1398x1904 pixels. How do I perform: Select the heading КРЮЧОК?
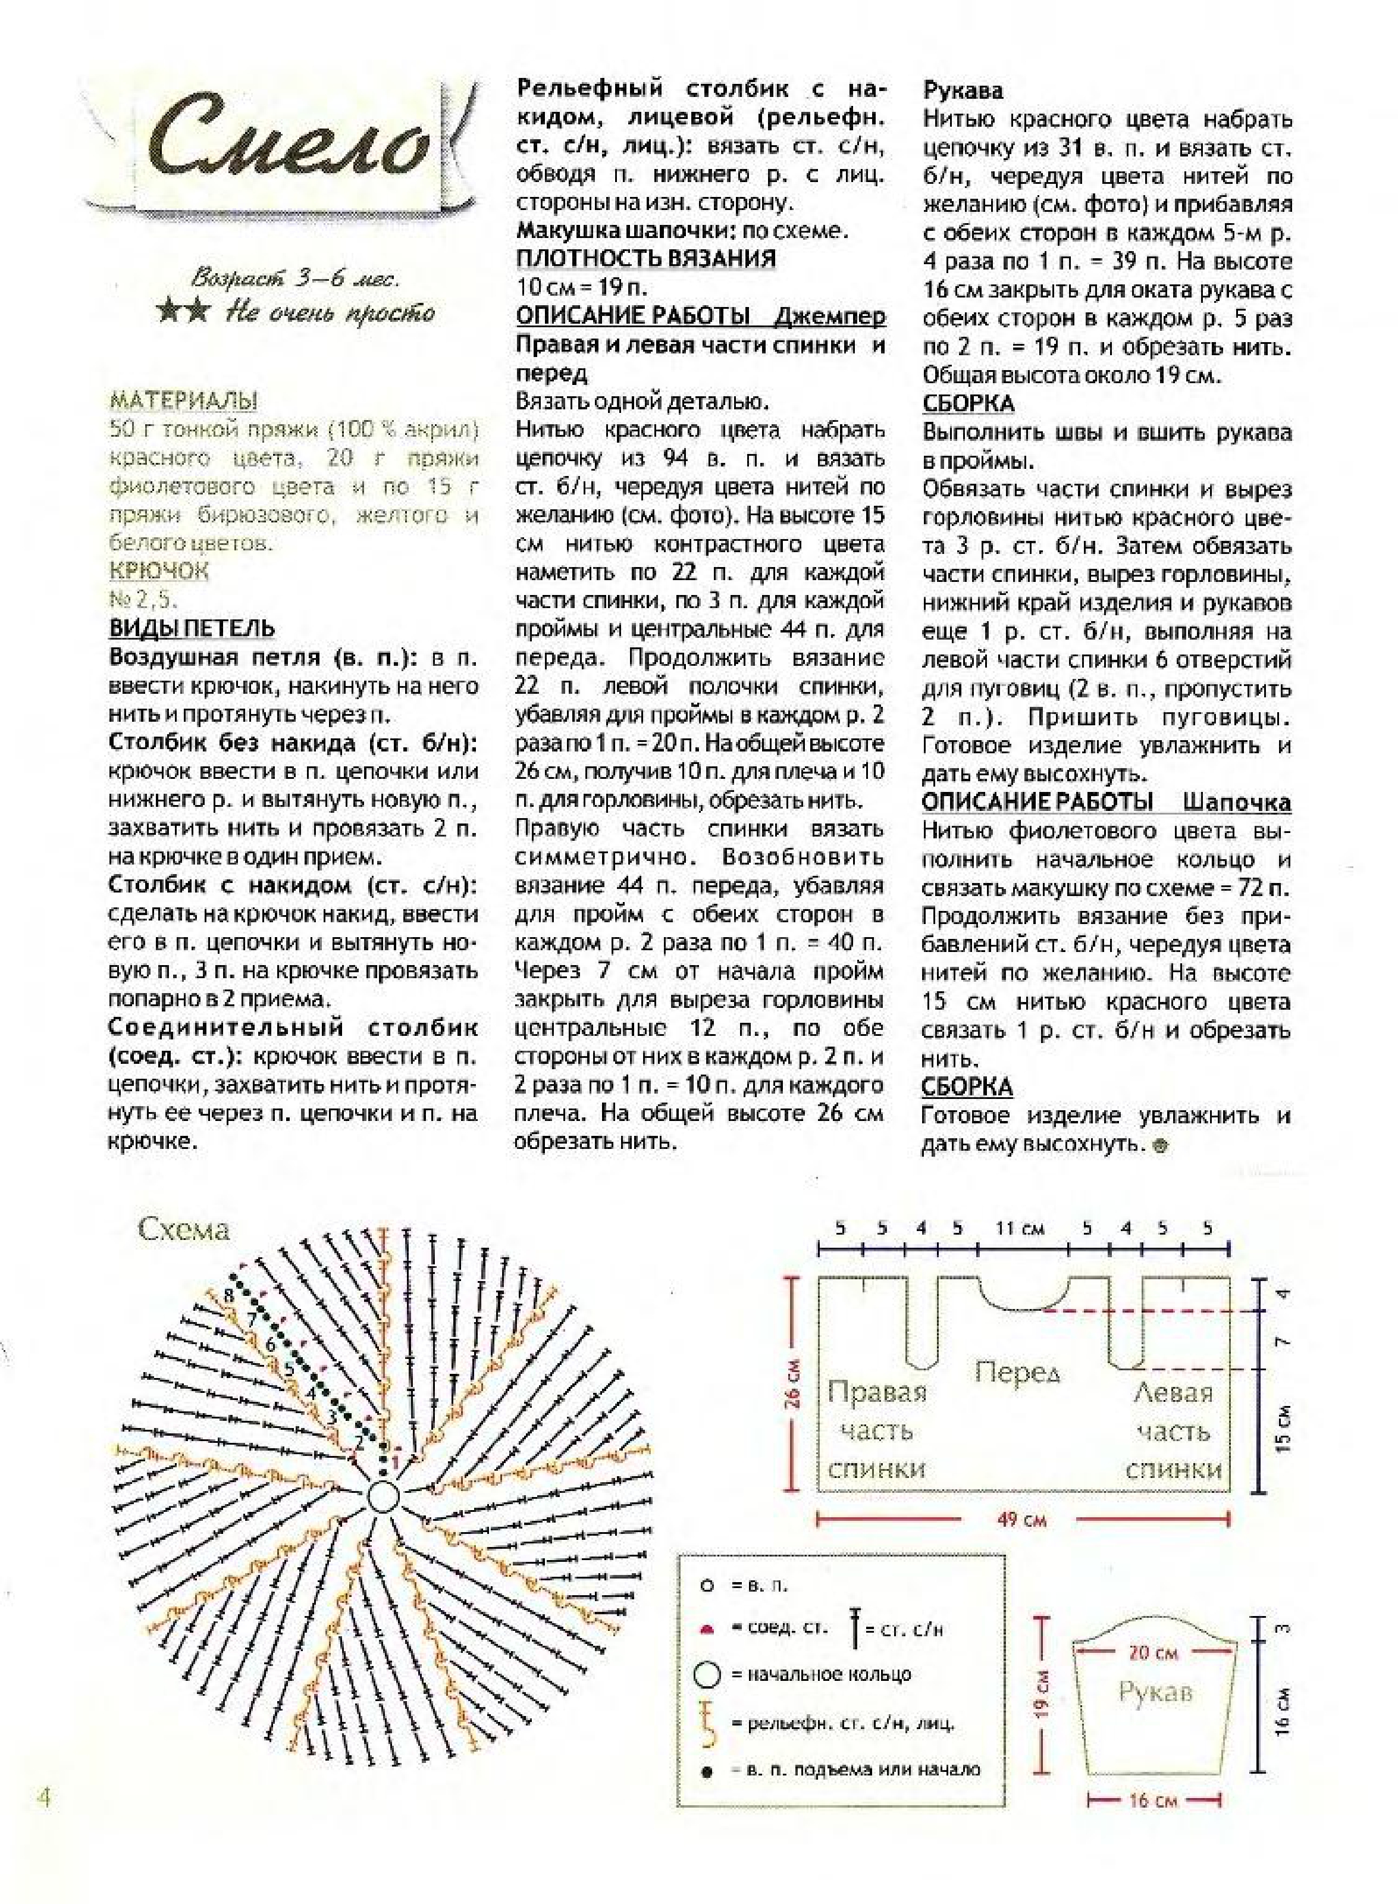pos(159,571)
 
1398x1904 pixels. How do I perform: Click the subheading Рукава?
pos(962,90)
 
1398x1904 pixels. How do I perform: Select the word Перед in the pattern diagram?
pos(1017,1370)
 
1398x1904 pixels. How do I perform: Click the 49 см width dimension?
pos(1021,1519)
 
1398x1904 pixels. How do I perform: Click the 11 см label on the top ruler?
pos(1020,1228)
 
